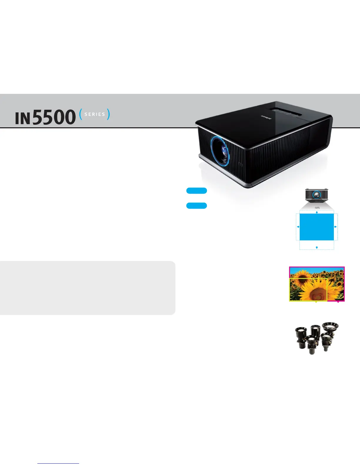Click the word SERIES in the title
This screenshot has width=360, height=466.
pos(95,114)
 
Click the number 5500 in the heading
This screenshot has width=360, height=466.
pos(54,117)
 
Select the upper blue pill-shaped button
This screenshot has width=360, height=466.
pos(196,191)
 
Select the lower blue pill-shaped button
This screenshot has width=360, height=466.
pos(196,206)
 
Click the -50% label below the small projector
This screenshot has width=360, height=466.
pos(317,208)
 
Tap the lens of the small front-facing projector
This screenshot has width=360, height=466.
pos(316,194)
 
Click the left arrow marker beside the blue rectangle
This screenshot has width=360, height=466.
pos(298,227)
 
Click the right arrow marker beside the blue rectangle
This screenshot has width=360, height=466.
pos(335,227)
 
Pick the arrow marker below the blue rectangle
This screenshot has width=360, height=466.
pos(317,248)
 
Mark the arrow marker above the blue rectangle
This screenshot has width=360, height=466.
pos(317,212)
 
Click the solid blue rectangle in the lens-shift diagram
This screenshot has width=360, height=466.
pos(316,227)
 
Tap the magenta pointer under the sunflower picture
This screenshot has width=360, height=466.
pos(338,302)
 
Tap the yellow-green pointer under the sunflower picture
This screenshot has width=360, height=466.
pos(316,302)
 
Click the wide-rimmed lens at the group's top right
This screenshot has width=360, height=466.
pos(330,327)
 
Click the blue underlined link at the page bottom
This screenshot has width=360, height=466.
pos(58,464)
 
